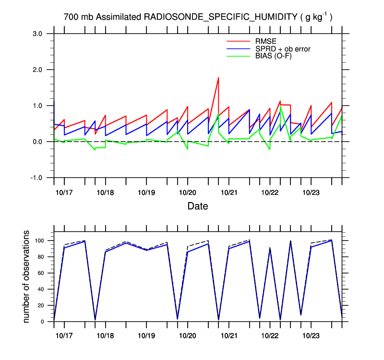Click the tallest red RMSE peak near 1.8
(218, 77)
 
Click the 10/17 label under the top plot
(64, 193)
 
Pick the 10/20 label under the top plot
(187, 193)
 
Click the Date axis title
(198, 206)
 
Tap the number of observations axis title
(27, 276)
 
